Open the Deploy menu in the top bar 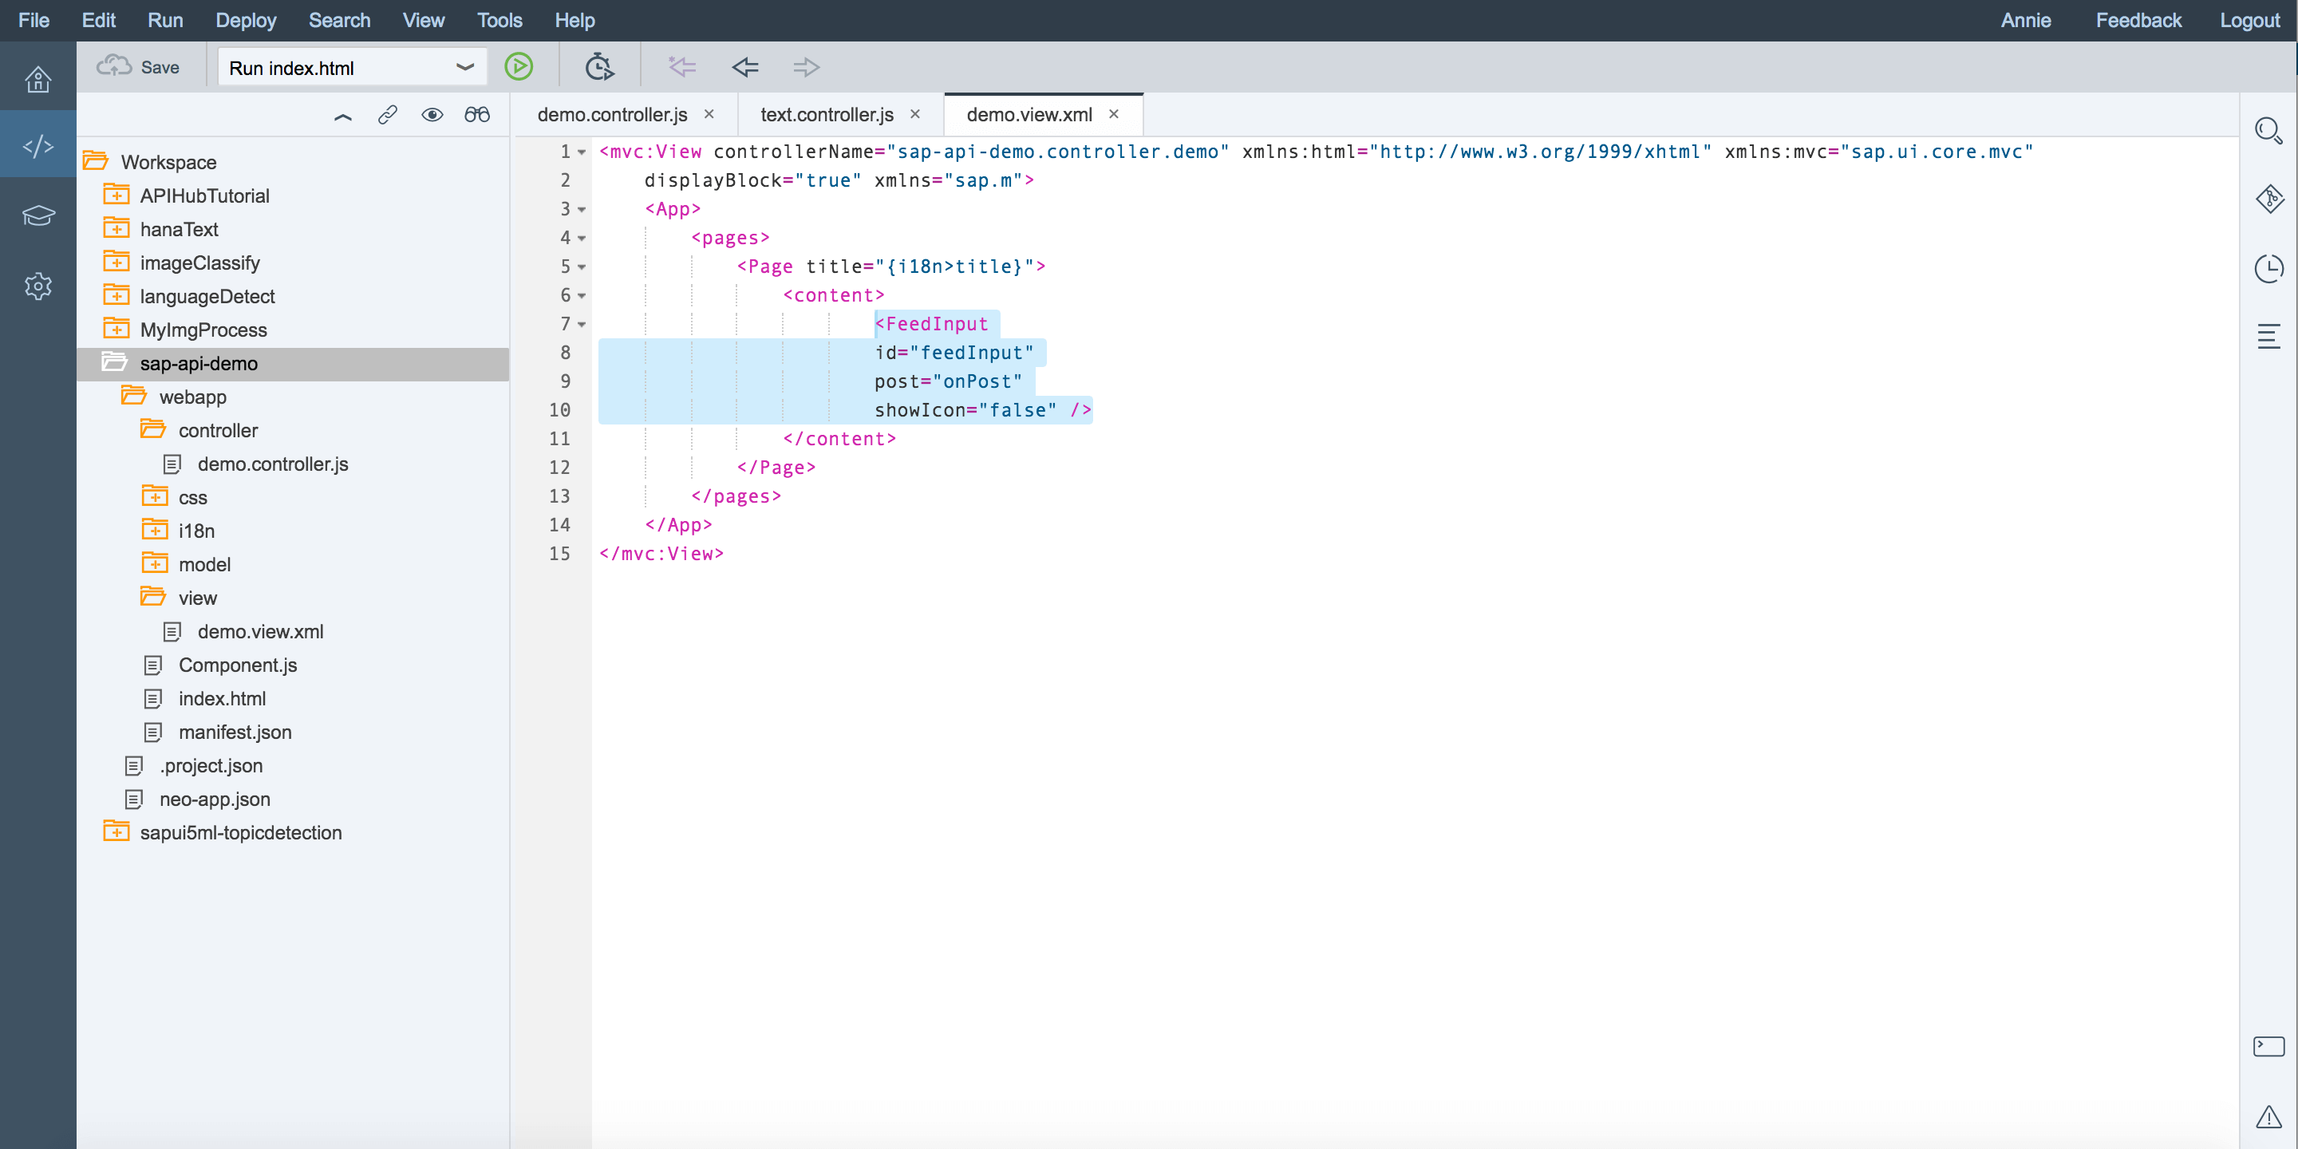click(x=245, y=20)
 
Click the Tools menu click(x=499, y=20)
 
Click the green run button click(x=519, y=67)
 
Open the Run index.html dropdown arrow click(x=464, y=67)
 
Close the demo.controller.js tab click(x=709, y=114)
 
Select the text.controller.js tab click(x=827, y=114)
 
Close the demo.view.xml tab click(x=1113, y=114)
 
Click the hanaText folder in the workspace click(x=179, y=229)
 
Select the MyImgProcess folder click(x=203, y=330)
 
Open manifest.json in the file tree click(x=235, y=732)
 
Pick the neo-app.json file click(x=214, y=800)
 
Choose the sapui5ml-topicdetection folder click(x=241, y=832)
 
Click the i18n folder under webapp click(x=196, y=531)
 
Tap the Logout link click(x=2249, y=20)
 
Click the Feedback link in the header click(x=2138, y=20)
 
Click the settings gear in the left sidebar click(x=38, y=286)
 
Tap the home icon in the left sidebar click(x=38, y=80)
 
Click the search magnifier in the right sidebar click(x=2268, y=131)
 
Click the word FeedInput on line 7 click(x=937, y=324)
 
